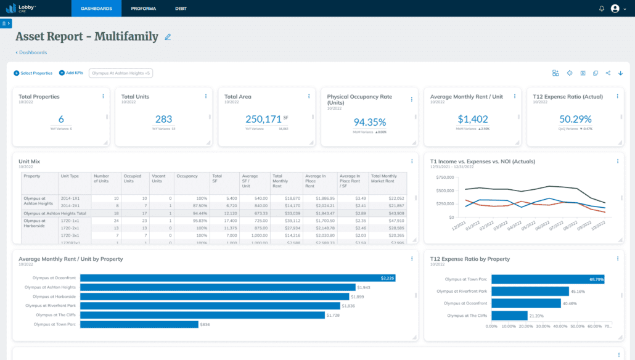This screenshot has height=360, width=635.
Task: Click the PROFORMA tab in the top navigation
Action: [143, 9]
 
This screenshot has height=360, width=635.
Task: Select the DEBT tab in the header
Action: [181, 9]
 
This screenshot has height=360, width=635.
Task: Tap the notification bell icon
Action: [602, 9]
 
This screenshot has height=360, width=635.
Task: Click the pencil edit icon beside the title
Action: [168, 37]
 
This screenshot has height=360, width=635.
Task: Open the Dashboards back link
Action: [31, 52]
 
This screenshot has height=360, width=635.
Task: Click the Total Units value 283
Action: [164, 119]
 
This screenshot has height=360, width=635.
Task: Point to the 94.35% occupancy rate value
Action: [369, 122]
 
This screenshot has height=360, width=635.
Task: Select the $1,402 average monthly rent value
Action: [472, 119]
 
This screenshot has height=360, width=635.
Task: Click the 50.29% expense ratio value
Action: [575, 119]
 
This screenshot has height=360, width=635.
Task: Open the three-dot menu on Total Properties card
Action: [103, 96]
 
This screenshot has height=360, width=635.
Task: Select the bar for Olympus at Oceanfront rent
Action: [237, 278]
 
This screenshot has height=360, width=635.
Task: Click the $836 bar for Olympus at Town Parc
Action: [139, 324]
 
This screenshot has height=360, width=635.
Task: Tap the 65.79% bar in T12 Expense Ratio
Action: [547, 279]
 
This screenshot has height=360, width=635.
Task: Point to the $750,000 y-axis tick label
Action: [445, 177]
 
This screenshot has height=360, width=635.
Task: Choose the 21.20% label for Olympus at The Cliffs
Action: [537, 316]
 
